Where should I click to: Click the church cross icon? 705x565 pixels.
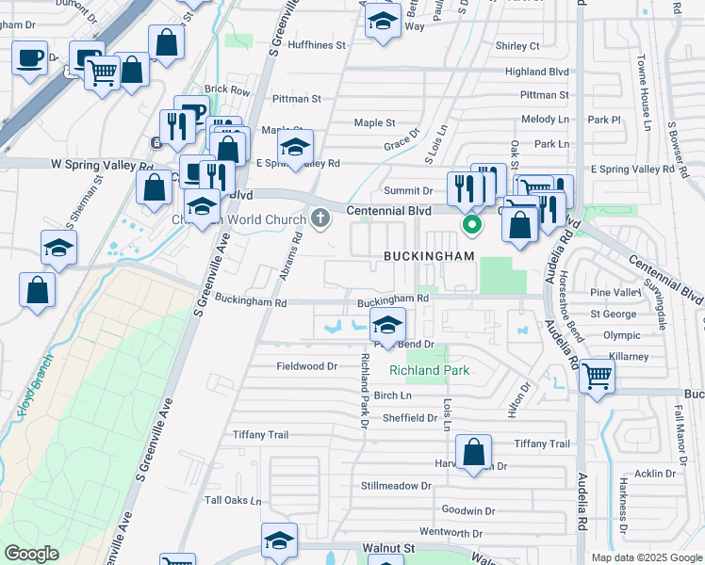[320, 219]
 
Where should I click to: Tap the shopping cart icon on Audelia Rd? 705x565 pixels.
[598, 376]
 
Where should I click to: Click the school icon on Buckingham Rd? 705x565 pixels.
[387, 325]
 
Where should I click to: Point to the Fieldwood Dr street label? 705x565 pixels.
[306, 366]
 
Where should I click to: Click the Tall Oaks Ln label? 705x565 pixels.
[233, 501]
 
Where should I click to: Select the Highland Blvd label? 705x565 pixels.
[537, 72]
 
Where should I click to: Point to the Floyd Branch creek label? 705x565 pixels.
[34, 385]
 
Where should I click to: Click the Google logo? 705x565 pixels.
[31, 554]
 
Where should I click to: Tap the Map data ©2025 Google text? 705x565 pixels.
[646, 557]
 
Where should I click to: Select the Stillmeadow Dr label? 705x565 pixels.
[395, 487]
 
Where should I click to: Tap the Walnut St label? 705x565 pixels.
[388, 547]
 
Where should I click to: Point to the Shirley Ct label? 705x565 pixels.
[516, 45]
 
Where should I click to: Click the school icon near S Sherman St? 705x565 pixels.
[58, 249]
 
